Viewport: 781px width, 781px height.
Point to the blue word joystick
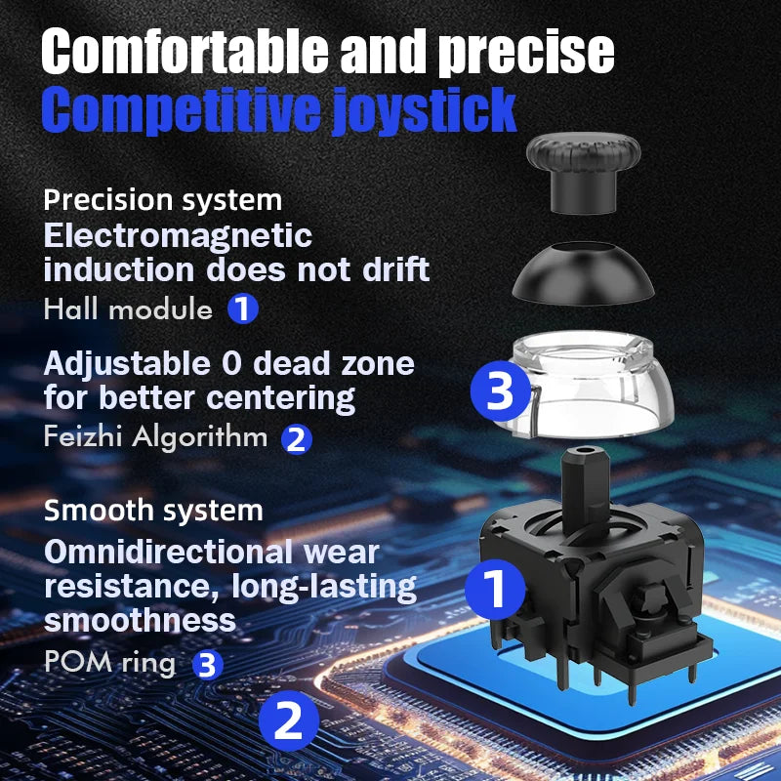coord(421,110)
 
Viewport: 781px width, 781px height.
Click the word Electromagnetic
coord(178,236)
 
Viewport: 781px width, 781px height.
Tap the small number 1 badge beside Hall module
coord(243,310)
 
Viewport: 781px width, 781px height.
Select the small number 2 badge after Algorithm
coord(297,438)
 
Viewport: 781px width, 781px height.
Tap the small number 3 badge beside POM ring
coord(206,665)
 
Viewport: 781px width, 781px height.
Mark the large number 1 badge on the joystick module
coord(495,590)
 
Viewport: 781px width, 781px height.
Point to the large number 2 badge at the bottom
coord(289,721)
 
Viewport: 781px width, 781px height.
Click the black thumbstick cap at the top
coord(583,166)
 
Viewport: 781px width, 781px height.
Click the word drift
coord(390,269)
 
